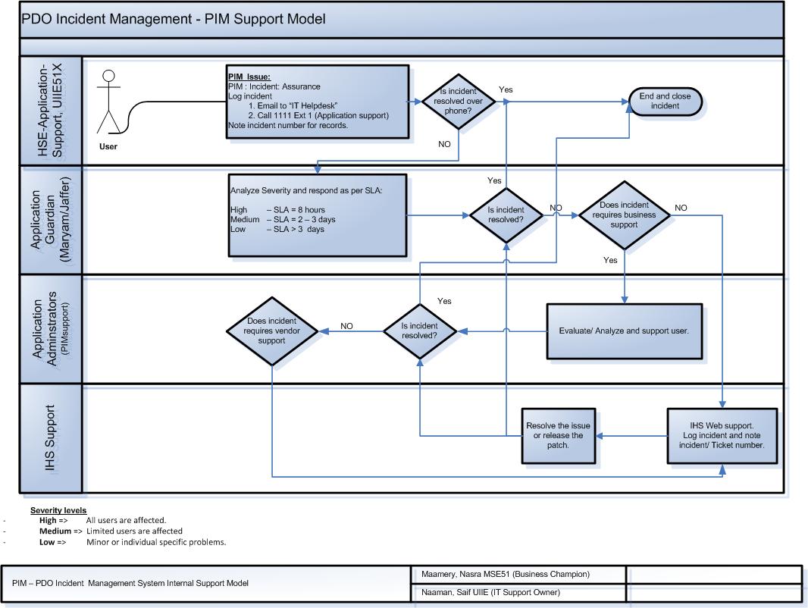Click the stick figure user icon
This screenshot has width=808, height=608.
tap(110, 102)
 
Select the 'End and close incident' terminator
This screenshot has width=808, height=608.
tap(665, 102)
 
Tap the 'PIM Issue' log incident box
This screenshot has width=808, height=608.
tap(318, 101)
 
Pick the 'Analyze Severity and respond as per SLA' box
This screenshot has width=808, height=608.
tap(318, 215)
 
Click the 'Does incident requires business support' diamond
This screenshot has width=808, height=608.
tap(624, 215)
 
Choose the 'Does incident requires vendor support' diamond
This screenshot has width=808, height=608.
tap(271, 331)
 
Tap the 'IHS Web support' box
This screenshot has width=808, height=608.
tap(722, 435)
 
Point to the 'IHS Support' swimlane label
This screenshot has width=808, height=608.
tap(52, 439)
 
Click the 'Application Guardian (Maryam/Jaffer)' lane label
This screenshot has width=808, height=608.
tap(52, 220)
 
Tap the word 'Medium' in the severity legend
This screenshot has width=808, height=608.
tap(55, 531)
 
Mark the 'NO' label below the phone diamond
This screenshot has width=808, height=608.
tap(445, 144)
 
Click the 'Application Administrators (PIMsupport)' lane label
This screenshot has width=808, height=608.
tap(52, 331)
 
